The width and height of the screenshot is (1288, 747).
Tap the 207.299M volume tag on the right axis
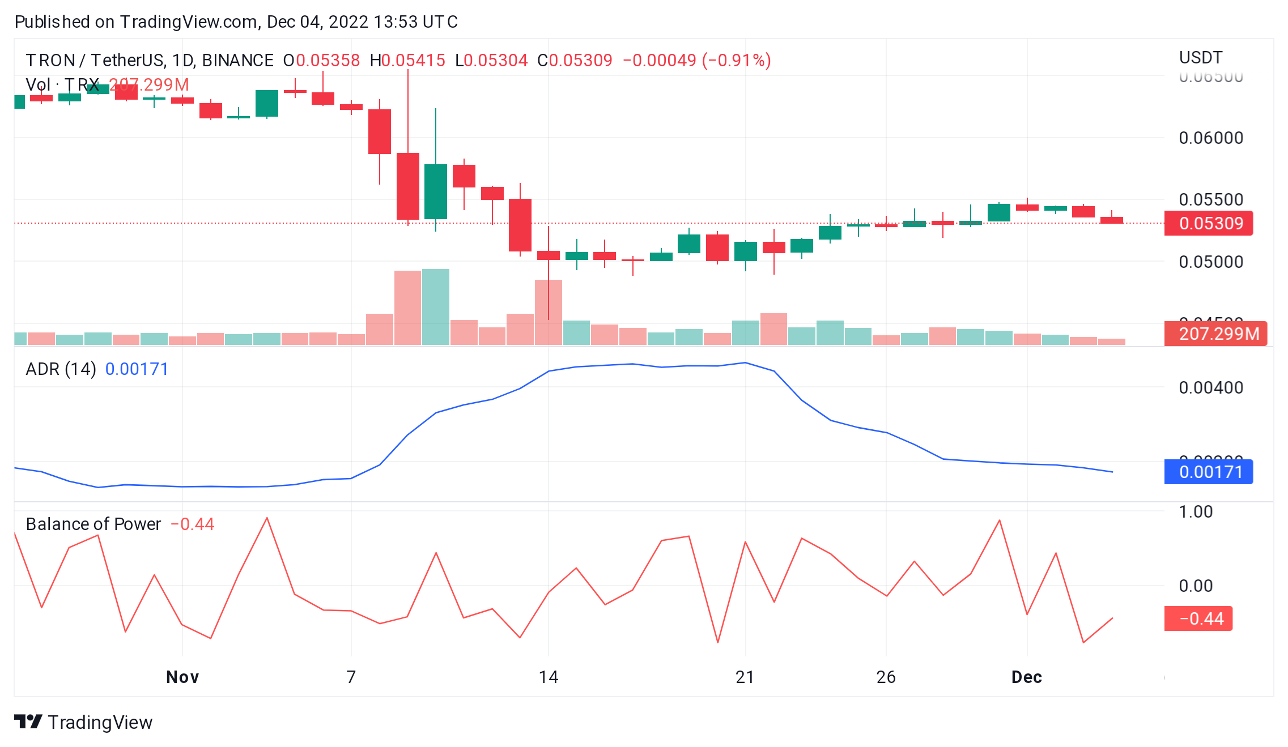point(1215,334)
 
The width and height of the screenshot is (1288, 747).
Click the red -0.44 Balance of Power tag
point(1198,618)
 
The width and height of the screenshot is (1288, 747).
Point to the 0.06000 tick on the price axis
point(1210,138)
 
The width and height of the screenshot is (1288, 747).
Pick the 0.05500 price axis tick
point(1210,199)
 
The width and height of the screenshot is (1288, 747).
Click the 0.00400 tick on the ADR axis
point(1210,387)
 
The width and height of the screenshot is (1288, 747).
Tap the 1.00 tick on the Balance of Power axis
point(1196,511)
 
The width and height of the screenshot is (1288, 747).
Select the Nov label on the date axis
point(182,677)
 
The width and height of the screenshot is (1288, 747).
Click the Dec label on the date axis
point(1026,677)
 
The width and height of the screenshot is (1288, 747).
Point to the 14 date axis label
point(548,677)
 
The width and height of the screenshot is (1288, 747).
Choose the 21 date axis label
point(745,677)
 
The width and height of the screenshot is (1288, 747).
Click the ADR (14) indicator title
point(61,369)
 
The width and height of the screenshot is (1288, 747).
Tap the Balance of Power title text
point(93,524)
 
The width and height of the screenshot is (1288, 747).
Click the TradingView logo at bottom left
point(83,722)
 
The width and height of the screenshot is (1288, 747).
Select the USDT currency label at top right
point(1200,58)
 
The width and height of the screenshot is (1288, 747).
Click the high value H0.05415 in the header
point(407,61)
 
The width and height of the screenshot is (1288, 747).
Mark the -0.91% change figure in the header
point(736,61)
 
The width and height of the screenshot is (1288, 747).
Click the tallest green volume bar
point(435,307)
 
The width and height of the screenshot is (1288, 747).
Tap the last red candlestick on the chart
point(1111,220)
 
